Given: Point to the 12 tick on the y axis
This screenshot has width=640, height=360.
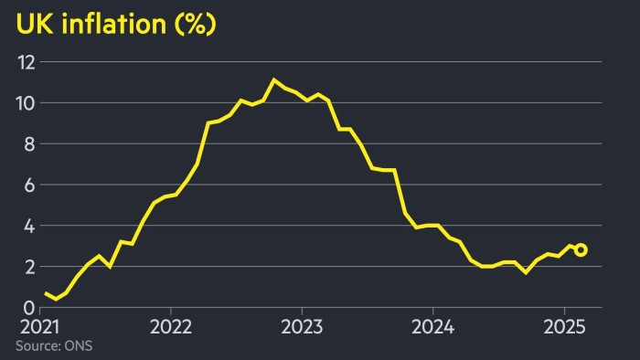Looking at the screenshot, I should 26,62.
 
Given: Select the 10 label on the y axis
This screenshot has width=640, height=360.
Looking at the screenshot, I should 26,103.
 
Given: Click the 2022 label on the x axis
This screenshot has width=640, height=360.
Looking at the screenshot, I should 170,327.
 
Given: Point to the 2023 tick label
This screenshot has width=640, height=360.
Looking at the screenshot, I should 301,327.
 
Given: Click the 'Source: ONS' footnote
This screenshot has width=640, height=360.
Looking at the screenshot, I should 53,345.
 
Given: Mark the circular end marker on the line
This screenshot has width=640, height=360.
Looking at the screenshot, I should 581,250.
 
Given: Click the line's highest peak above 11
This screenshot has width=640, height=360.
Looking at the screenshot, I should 273,79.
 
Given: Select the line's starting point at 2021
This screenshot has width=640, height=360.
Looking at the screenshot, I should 45,292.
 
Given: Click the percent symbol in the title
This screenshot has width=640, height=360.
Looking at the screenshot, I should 195,25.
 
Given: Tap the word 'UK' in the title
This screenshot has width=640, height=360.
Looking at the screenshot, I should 32,25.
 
